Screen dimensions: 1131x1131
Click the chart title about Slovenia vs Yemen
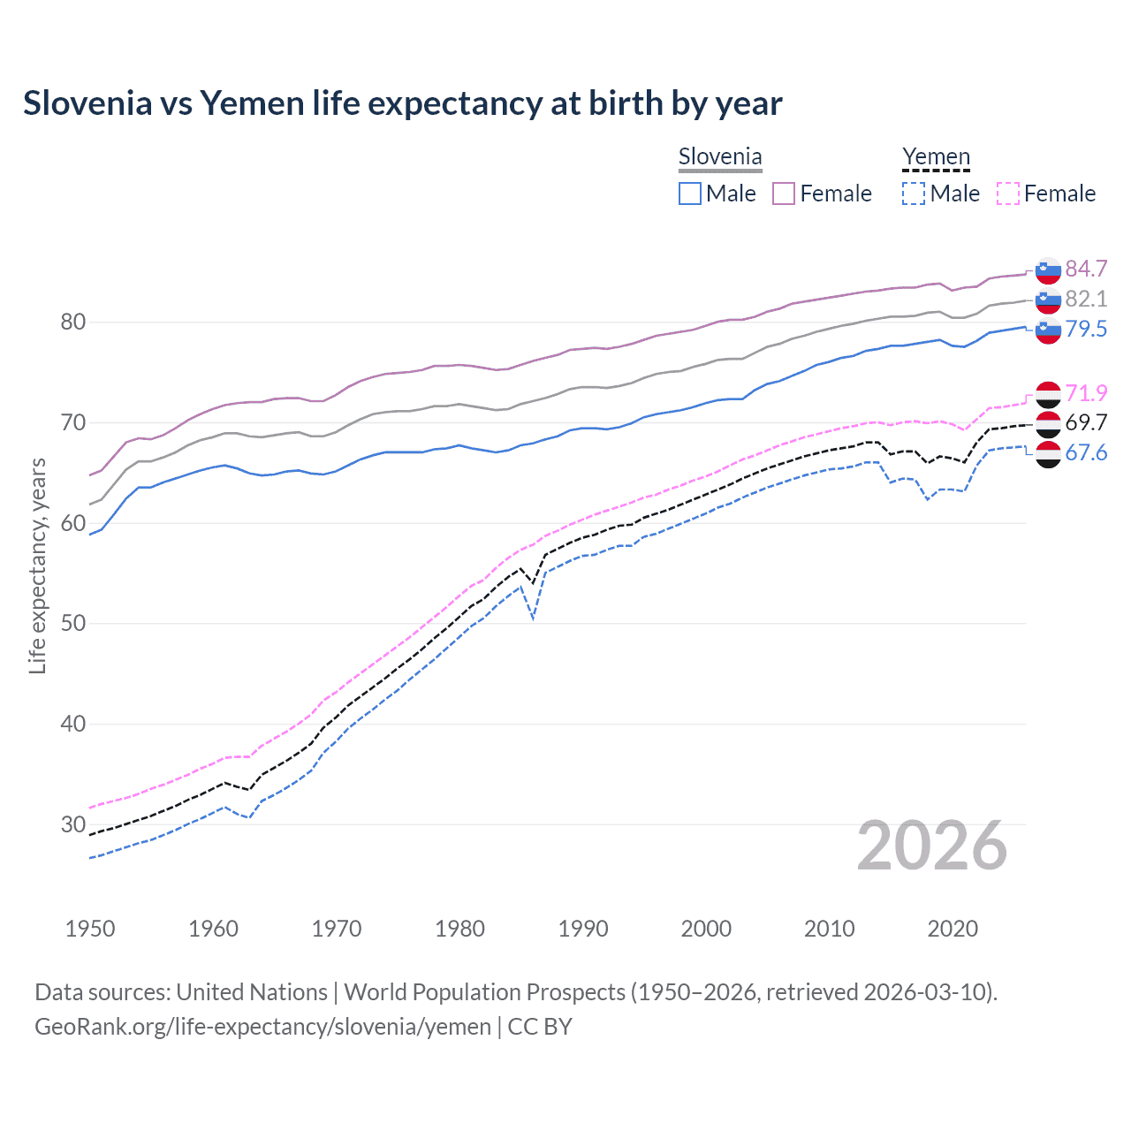(402, 103)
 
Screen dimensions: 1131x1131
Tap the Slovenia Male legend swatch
(690, 194)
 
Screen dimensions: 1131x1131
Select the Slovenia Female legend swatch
(784, 194)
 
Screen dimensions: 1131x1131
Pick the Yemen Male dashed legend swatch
(914, 194)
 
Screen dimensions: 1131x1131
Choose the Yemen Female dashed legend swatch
(1007, 194)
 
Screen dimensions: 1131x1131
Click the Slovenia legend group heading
(719, 157)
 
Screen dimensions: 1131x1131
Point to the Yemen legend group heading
(936, 157)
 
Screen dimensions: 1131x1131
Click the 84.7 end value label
(1086, 269)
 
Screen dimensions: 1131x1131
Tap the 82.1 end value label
(1086, 299)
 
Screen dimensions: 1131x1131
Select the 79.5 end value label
(1086, 329)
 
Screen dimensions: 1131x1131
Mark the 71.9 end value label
(1086, 393)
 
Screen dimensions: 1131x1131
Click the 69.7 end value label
(1086, 423)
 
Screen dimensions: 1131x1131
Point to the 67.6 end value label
(1086, 453)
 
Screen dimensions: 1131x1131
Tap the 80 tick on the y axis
(73, 322)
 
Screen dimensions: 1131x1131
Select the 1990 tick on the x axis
(583, 929)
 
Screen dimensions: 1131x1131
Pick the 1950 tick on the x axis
(90, 929)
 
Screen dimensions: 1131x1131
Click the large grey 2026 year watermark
(932, 846)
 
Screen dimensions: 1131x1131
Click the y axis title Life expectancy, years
(37, 565)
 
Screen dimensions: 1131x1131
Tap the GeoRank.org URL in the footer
(262, 1027)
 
